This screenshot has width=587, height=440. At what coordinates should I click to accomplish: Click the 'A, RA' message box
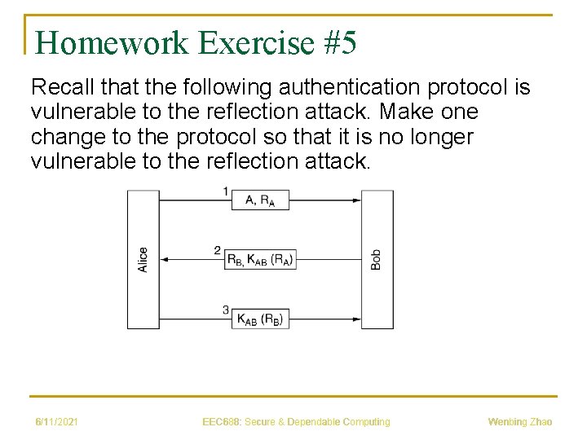(260, 200)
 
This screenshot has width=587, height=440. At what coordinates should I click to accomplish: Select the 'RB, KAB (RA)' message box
(259, 259)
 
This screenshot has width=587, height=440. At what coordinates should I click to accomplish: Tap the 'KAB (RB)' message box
(260, 319)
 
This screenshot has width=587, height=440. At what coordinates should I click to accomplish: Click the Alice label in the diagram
(143, 259)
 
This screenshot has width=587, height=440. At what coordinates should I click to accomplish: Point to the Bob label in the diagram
(376, 259)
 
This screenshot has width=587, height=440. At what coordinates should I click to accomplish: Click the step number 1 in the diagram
(225, 191)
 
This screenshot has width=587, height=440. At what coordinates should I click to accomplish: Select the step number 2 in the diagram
(218, 250)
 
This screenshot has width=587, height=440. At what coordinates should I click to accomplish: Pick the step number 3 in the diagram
(225, 310)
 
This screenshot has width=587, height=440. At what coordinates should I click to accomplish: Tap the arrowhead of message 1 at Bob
(356, 200)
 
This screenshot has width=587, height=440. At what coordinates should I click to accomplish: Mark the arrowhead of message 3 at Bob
(356, 319)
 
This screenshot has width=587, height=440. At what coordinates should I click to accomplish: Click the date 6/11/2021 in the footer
(56, 421)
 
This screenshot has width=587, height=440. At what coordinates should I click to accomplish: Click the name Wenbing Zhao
(519, 421)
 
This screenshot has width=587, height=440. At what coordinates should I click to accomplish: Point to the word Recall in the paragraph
(58, 86)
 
